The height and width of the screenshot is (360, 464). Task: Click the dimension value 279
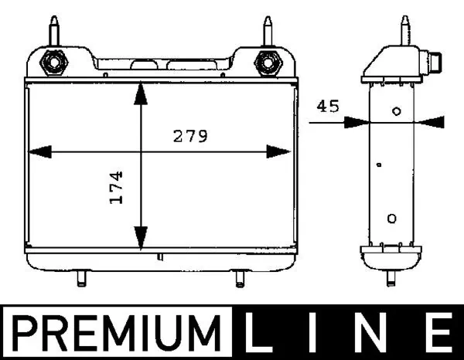click(189, 137)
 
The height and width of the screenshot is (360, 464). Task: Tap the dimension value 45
click(329, 107)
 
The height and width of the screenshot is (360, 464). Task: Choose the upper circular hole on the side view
click(396, 111)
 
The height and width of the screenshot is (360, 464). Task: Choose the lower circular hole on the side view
click(391, 219)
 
